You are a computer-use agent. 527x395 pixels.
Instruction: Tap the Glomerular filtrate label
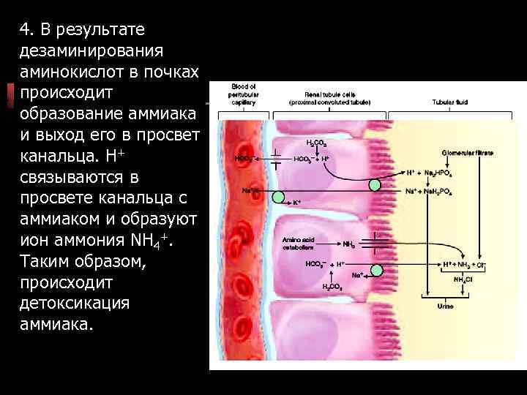468,153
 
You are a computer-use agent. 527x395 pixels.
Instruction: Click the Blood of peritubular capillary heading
242,94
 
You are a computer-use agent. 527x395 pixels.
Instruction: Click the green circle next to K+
279,195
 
